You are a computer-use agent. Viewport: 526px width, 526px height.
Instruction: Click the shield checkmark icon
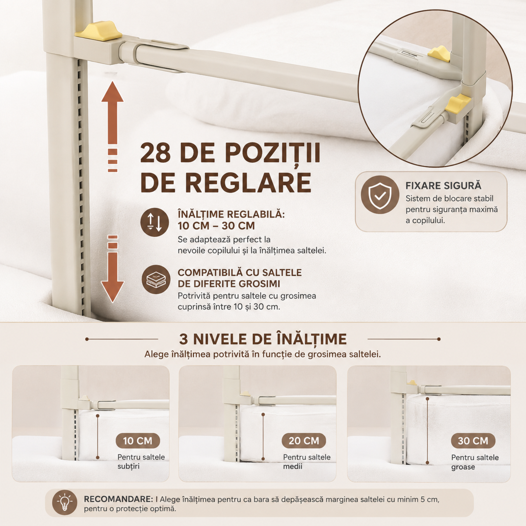[x=380, y=195]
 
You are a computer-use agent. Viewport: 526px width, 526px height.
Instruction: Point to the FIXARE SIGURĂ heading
[x=443, y=186]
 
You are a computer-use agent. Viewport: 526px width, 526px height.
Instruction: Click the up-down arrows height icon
[x=154, y=222]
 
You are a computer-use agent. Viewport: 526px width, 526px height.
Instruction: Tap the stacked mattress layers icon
[x=156, y=279]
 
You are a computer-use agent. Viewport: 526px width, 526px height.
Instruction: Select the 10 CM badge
[x=138, y=441]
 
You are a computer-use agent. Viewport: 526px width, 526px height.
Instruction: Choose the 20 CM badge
[x=304, y=441]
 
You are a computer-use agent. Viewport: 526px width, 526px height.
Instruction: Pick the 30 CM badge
[x=473, y=441]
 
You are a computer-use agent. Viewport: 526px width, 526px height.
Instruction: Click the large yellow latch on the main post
[x=98, y=29]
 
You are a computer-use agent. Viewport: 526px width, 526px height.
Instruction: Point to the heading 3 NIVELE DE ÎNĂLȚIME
[x=263, y=339]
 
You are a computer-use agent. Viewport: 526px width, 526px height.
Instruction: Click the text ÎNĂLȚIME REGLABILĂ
[x=231, y=214]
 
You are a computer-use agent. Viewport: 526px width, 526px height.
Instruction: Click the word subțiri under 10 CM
[x=129, y=466]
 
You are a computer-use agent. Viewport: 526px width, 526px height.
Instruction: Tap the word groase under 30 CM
[x=463, y=467]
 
